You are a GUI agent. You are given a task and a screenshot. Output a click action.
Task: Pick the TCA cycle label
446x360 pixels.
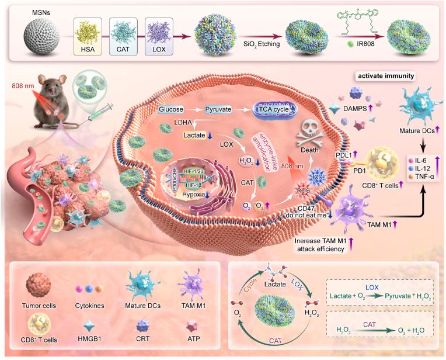pos(274,109)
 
